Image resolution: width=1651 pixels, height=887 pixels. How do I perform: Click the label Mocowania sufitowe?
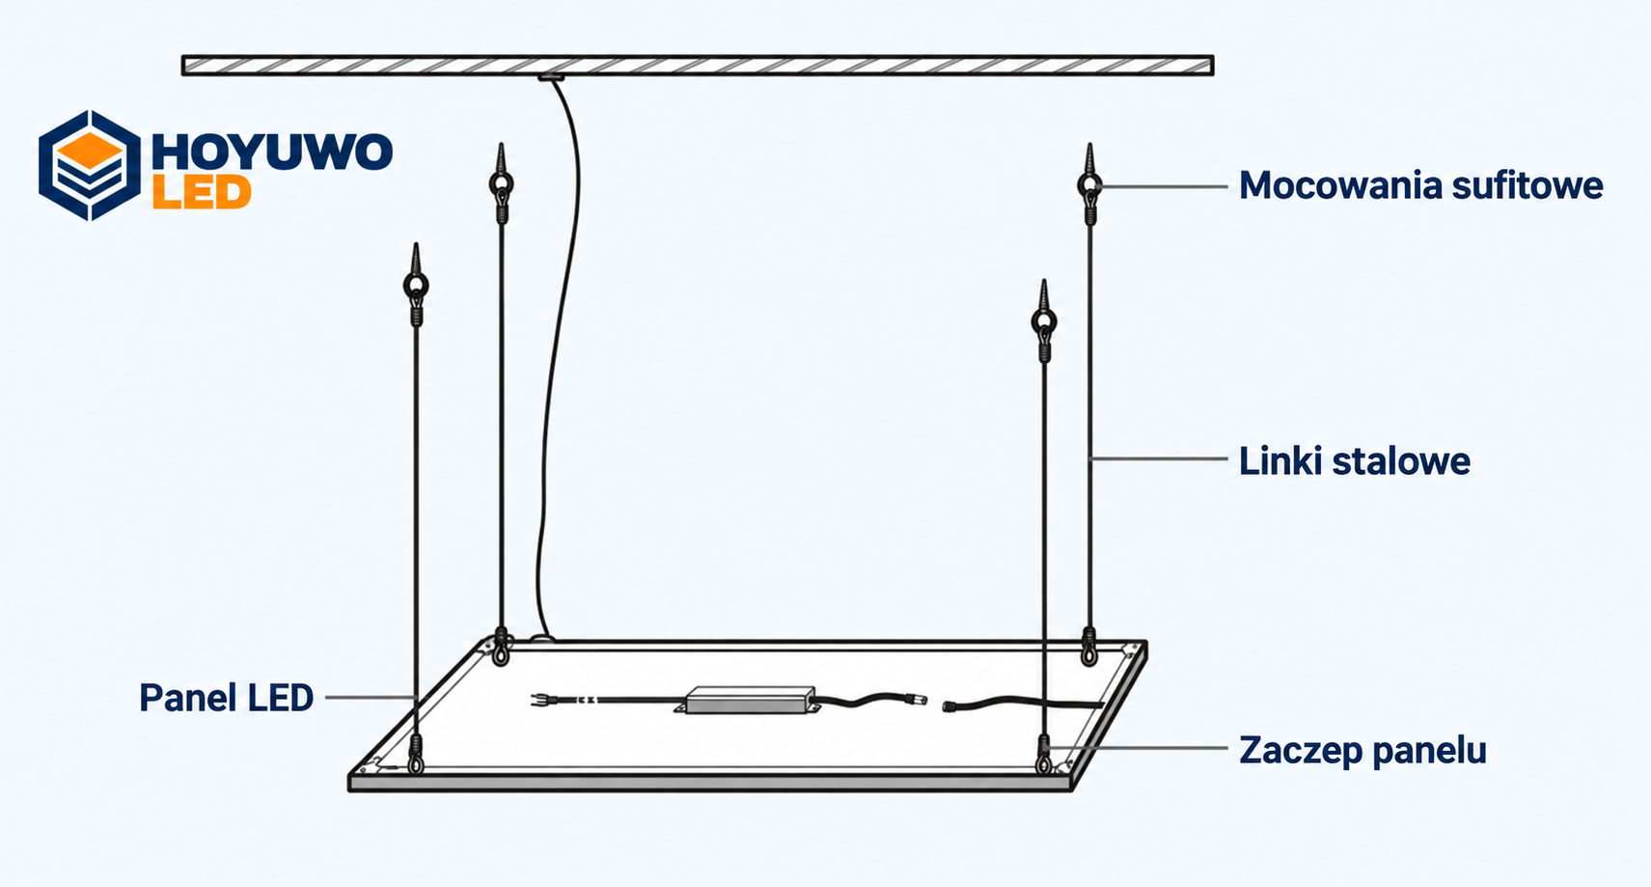point(1420,186)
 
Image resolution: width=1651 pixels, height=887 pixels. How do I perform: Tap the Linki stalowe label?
point(1354,461)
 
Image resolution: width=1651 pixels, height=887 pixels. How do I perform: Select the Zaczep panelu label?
point(1362,751)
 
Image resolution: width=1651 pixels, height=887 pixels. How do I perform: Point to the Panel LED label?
point(226,698)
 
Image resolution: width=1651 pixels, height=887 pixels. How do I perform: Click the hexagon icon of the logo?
point(89,165)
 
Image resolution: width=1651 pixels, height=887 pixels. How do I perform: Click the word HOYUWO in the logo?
point(272,152)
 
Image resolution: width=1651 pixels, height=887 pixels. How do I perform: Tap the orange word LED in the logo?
point(202,193)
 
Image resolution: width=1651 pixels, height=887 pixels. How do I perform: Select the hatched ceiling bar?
point(698,66)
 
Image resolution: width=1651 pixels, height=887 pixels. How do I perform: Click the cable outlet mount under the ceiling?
point(551,76)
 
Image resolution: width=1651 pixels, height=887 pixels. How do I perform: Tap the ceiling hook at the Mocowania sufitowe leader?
point(1089,184)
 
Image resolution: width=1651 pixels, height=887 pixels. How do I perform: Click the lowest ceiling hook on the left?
point(416,285)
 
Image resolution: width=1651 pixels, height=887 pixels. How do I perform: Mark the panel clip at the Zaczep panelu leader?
point(1044,754)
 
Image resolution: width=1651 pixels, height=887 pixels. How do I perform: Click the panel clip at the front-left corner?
point(416,754)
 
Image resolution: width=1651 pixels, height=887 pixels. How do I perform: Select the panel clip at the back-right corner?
point(1089,647)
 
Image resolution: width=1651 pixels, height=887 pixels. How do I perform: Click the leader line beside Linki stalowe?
point(1159,458)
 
